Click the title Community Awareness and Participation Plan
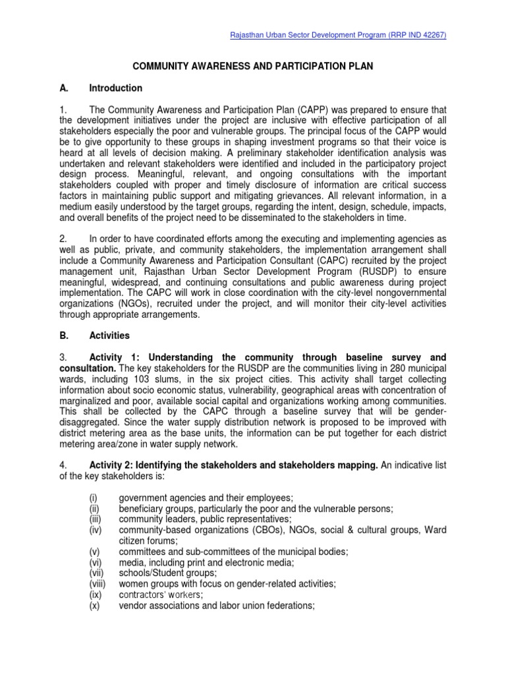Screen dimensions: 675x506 click(253, 67)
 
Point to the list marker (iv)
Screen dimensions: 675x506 click(95, 529)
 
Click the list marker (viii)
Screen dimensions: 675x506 click(97, 583)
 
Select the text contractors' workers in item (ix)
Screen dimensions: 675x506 click(155, 594)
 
